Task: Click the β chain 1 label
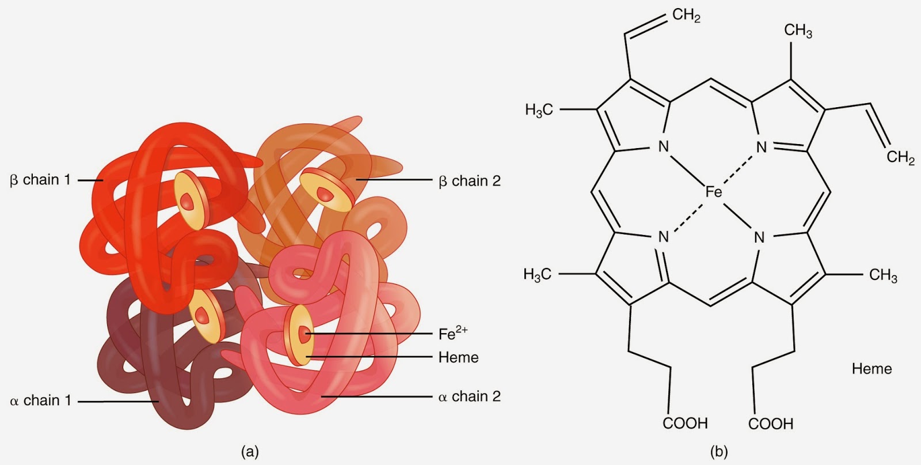(x=40, y=180)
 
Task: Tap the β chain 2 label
(x=469, y=181)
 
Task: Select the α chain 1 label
(x=40, y=400)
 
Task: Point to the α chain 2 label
(x=469, y=396)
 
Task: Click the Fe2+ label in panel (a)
(x=452, y=334)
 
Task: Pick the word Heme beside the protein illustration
(x=458, y=357)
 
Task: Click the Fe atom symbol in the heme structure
(x=713, y=192)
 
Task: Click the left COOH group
(x=685, y=424)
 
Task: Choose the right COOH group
(x=771, y=424)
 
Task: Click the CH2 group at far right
(x=900, y=157)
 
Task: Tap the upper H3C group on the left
(x=539, y=109)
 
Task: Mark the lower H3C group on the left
(x=538, y=274)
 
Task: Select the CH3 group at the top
(x=798, y=31)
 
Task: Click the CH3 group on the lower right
(x=883, y=275)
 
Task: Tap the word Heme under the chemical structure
(x=871, y=369)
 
